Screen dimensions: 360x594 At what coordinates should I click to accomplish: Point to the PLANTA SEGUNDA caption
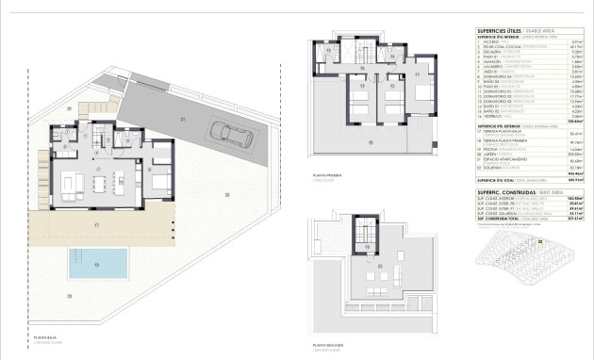[328, 345]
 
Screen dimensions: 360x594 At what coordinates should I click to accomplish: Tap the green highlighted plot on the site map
[541, 241]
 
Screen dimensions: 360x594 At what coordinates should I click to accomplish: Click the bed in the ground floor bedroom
[161, 178]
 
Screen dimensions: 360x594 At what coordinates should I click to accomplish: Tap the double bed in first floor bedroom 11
[359, 98]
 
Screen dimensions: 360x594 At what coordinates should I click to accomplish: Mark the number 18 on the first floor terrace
[373, 143]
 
